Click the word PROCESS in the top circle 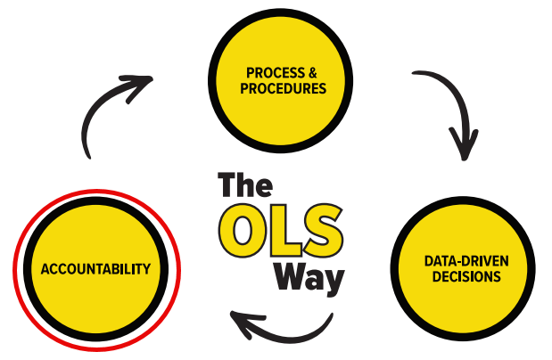pyautogui.click(x=263, y=70)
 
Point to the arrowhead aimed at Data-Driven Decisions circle pyautogui.click(x=465, y=147)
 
